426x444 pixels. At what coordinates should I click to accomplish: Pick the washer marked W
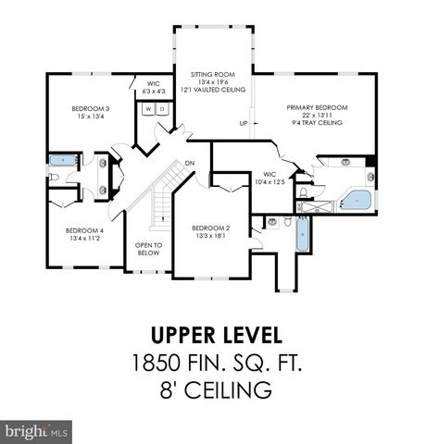pyautogui.click(x=146, y=109)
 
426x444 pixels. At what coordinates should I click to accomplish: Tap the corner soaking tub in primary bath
pyautogui.click(x=356, y=199)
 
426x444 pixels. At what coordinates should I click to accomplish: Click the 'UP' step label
pyautogui.click(x=244, y=123)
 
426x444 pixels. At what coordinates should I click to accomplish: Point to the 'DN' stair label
pyautogui.click(x=189, y=165)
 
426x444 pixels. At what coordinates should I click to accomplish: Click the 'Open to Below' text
pyautogui.click(x=148, y=249)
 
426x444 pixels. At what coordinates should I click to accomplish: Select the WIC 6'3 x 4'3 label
pyautogui.click(x=154, y=87)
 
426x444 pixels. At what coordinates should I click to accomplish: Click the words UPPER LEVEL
pyautogui.click(x=212, y=334)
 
